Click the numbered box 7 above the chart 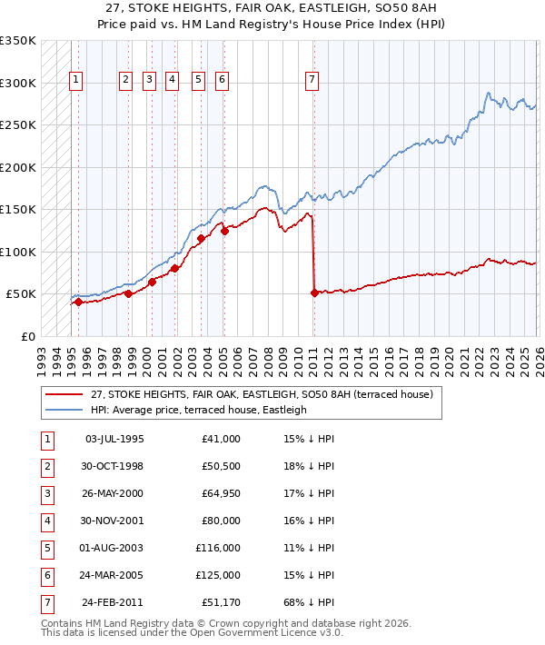(312, 80)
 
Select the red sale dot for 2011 (314, 293)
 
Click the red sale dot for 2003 (201, 239)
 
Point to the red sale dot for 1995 (78, 302)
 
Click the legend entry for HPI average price (199, 410)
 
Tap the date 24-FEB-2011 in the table (113, 602)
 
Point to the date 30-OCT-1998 (113, 466)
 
